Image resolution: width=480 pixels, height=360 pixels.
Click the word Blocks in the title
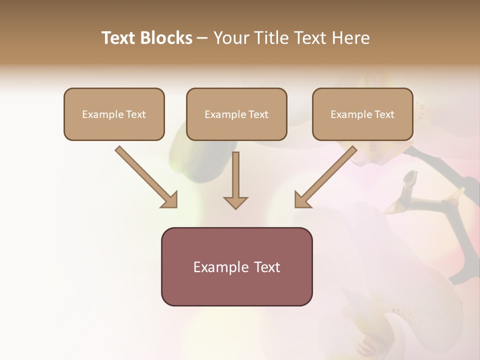(166, 38)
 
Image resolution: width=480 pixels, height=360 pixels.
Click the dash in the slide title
(202, 38)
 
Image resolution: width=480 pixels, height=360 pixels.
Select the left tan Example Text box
(114, 114)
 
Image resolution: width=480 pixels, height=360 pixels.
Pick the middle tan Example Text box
(236, 114)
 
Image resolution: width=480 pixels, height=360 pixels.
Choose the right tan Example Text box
(362, 114)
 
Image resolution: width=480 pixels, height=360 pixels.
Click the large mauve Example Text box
(236, 266)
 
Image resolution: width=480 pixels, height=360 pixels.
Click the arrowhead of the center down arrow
(235, 202)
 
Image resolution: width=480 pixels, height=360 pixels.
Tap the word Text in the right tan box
(384, 114)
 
